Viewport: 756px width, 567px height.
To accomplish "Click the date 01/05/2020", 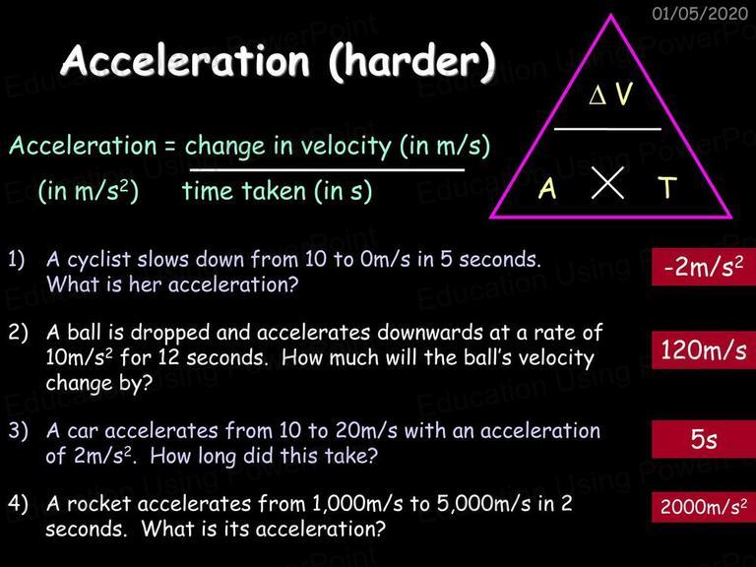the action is (x=700, y=13).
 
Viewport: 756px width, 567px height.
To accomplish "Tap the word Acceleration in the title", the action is (x=186, y=61).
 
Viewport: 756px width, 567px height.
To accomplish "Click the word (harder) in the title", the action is (x=412, y=62).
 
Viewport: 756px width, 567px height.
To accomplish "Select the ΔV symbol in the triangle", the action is (x=610, y=94).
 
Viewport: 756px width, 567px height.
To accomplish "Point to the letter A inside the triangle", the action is (x=547, y=188).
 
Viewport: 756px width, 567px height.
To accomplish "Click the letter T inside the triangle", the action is (x=667, y=187).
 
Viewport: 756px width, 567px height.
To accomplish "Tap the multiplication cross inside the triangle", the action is (x=607, y=183).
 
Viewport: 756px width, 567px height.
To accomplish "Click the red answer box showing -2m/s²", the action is (x=704, y=267).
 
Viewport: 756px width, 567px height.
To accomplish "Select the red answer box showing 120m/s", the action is (x=704, y=350).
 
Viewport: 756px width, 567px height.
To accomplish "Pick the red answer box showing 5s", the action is (x=704, y=439).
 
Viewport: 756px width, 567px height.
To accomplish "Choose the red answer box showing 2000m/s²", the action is (x=704, y=507).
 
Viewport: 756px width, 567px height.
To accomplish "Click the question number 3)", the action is (x=19, y=430).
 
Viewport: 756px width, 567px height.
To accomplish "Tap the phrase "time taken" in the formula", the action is (x=244, y=190).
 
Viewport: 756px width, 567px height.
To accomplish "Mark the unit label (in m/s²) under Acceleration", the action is (x=89, y=191).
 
